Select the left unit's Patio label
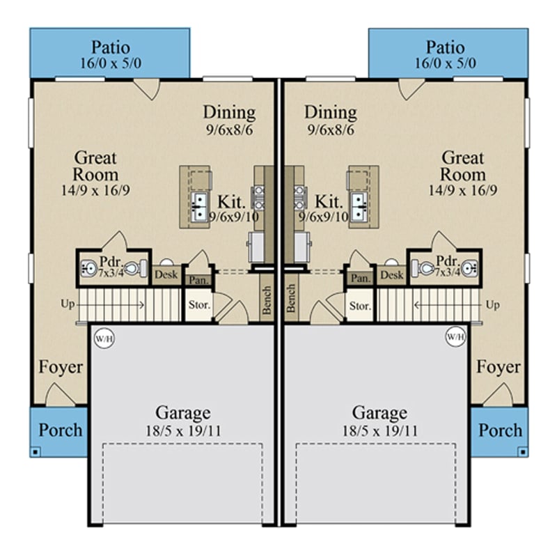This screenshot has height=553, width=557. pos(110,47)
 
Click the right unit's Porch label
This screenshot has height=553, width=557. pos(499,430)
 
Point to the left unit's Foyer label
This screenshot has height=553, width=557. pos(61,367)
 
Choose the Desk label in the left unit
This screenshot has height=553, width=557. pos(166,275)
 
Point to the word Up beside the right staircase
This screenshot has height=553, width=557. pos(493,305)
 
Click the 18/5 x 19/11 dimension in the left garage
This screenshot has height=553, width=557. pos(183,430)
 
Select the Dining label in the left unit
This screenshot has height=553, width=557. pos(229,112)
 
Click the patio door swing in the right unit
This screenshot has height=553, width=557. pos(409,89)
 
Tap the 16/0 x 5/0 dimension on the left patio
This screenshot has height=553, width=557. pos(110,63)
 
